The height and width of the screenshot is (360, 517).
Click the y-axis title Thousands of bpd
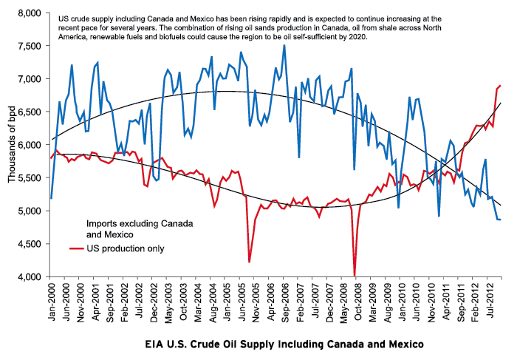[x=11, y=145]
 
